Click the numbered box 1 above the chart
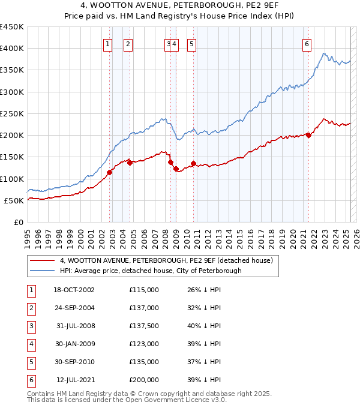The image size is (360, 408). click(x=107, y=43)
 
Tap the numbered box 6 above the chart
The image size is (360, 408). click(x=307, y=43)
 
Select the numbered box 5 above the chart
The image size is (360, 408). click(x=191, y=43)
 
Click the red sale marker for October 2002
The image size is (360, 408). click(x=110, y=172)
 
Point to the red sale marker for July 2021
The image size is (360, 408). click(x=308, y=135)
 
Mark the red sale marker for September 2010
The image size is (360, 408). click(x=194, y=163)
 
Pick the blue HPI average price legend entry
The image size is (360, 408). click(x=150, y=271)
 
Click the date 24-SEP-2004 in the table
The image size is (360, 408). click(x=74, y=308)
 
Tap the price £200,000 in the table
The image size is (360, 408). click(x=144, y=380)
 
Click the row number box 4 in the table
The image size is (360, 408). click(x=30, y=344)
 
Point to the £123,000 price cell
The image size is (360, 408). click(x=144, y=344)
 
